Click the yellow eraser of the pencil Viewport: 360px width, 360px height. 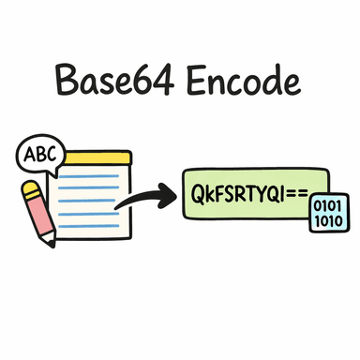coord(30,191)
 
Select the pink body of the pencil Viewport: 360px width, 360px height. coord(42,221)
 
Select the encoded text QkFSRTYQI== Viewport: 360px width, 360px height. coord(247,194)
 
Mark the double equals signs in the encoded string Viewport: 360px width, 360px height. coord(301,194)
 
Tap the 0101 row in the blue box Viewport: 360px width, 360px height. coord(328,205)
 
